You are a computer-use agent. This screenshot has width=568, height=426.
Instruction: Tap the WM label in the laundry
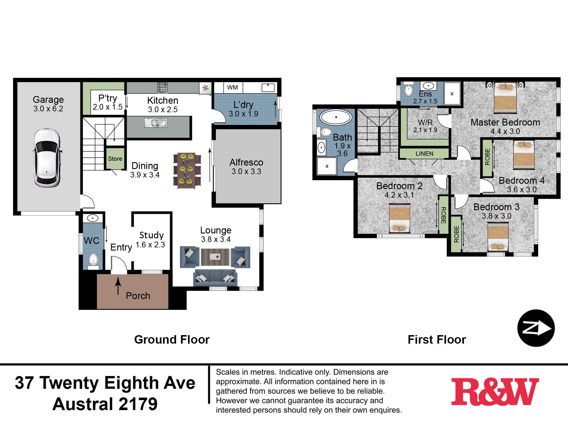[x=232, y=87]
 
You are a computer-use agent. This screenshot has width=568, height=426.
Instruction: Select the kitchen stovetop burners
[x=162, y=88]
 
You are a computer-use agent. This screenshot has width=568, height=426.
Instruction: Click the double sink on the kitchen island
[x=156, y=123]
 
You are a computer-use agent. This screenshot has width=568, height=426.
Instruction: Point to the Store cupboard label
[x=115, y=159]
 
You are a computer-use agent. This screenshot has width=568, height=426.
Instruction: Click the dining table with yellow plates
[x=187, y=171]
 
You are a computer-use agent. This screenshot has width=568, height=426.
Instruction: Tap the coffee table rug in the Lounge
[x=215, y=257]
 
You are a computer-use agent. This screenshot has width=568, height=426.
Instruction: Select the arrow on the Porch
[x=118, y=286]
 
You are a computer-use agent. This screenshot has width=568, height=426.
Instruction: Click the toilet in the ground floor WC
[x=93, y=261]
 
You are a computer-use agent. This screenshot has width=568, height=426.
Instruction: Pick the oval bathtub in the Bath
[x=336, y=117]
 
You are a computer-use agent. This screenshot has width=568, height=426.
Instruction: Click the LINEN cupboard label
[x=424, y=154]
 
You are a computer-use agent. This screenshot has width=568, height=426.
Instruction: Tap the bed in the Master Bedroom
[x=505, y=98]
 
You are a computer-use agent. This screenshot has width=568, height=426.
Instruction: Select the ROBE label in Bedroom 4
[x=487, y=156]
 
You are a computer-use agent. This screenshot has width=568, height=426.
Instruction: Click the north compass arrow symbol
[x=536, y=328]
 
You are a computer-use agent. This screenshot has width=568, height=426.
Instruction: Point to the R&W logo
[x=495, y=392]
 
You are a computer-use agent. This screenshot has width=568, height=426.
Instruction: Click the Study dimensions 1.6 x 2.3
[x=150, y=245]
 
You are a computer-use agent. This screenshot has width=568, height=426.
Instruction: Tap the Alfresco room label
[x=246, y=162]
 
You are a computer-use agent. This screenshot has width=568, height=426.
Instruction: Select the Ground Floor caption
[x=172, y=340]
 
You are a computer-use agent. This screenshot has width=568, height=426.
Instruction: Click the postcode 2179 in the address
[x=138, y=404]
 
